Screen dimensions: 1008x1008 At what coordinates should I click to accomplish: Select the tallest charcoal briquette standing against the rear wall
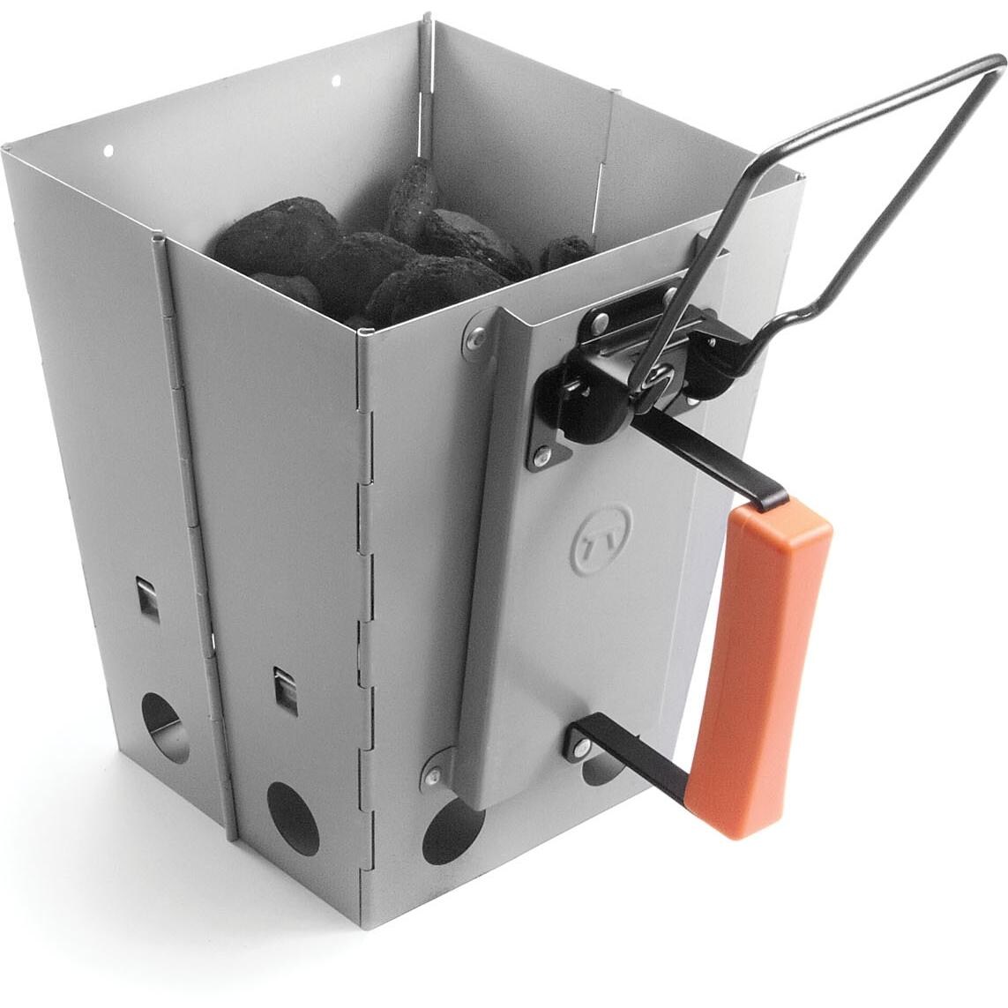(411, 198)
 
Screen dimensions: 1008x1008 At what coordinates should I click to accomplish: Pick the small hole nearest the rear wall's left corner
(109, 151)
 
